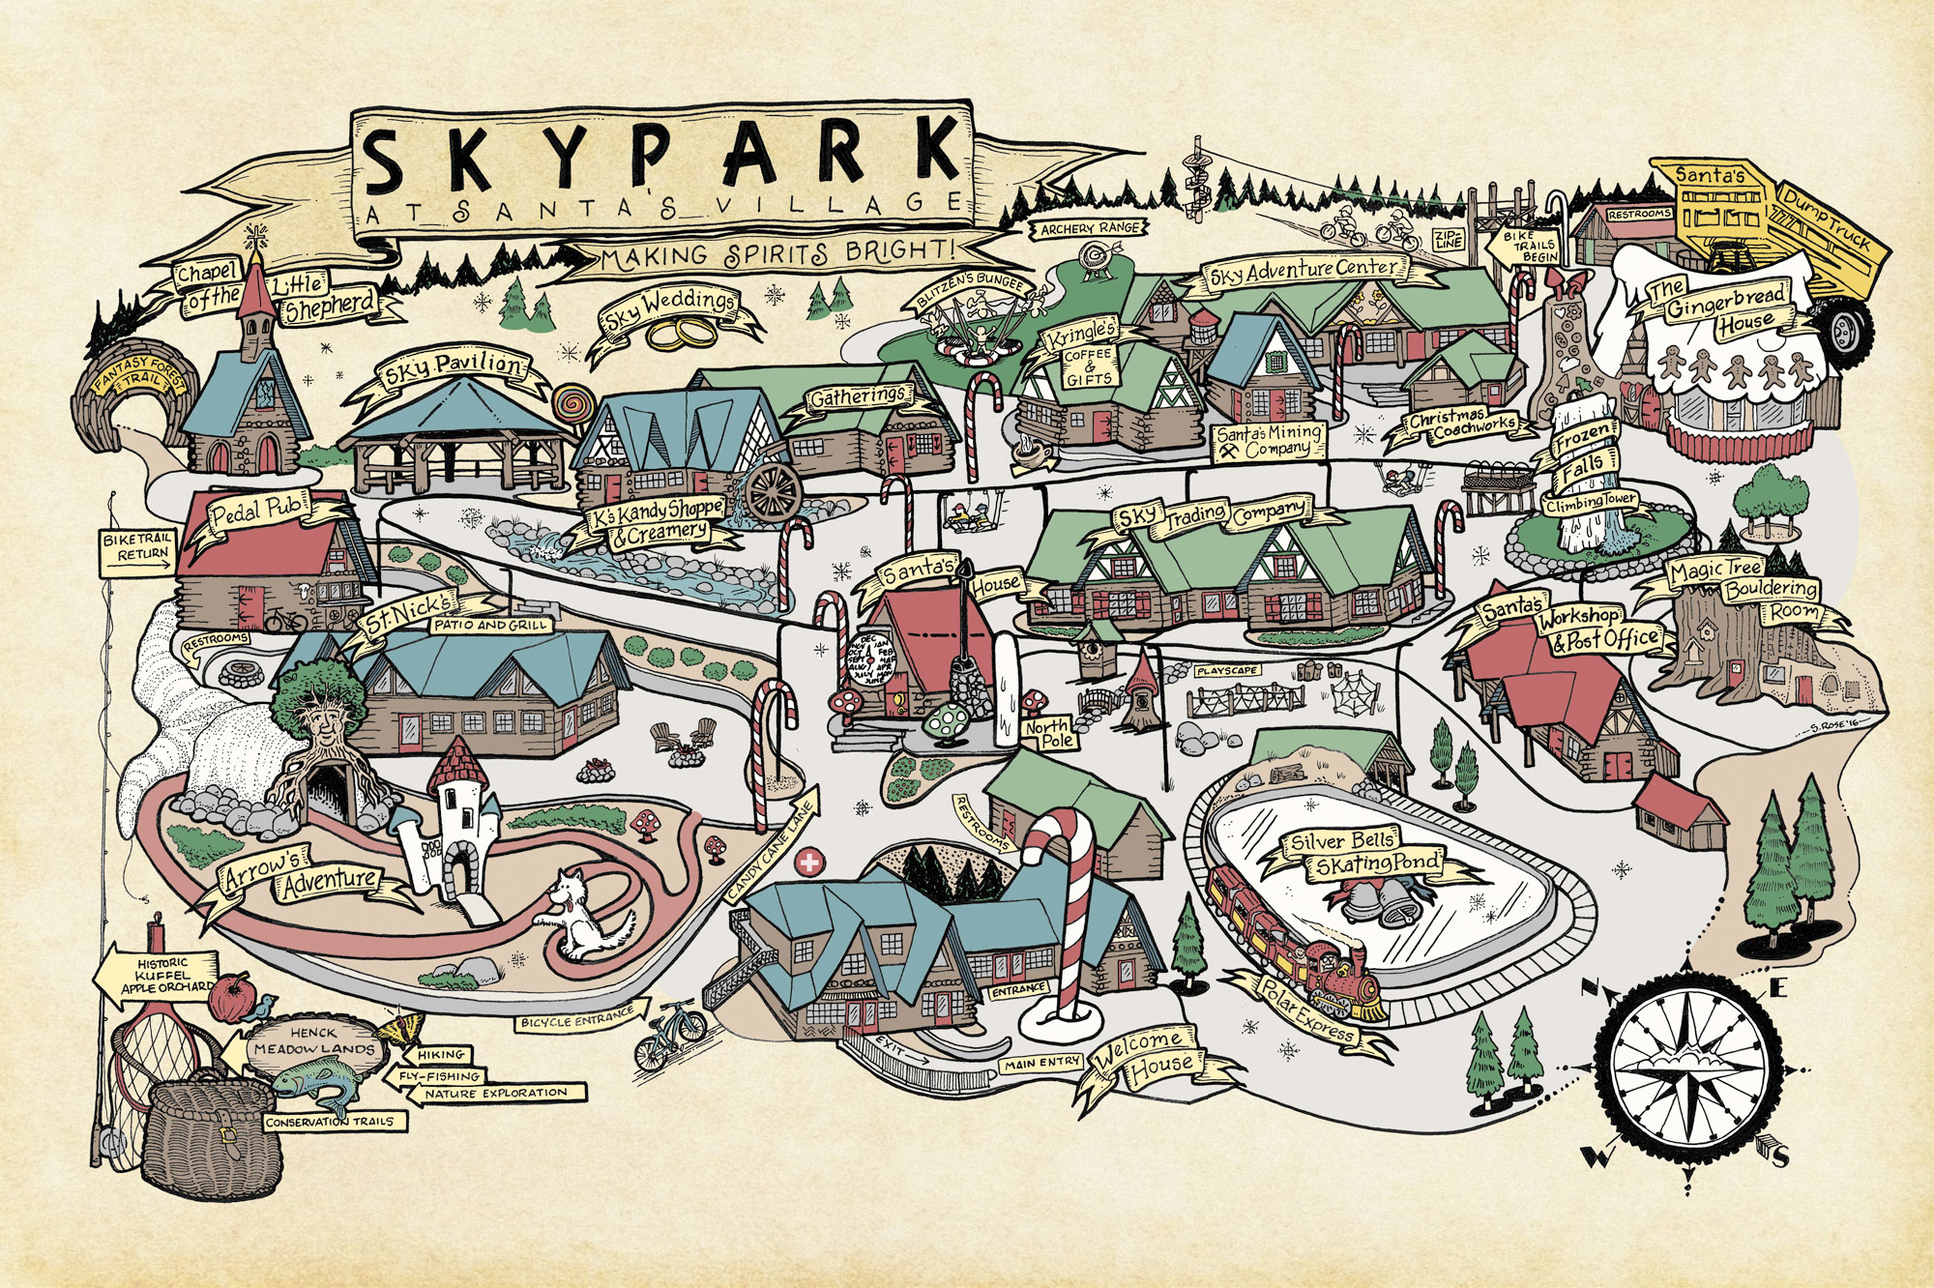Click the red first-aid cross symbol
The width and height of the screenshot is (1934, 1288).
point(806,861)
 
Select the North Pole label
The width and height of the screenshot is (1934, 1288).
point(1047,733)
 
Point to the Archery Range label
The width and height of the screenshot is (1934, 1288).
point(1091,229)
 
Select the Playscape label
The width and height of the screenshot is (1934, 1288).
point(1226,670)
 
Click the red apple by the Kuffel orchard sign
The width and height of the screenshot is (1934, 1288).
point(231,998)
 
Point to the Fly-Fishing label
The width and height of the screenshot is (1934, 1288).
point(440,1075)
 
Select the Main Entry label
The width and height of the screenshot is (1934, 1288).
point(1041,1063)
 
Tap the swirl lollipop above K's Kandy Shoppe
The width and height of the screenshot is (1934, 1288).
point(571,401)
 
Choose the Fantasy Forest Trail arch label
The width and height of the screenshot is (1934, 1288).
point(139,377)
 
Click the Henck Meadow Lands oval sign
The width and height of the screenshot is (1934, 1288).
point(312,1041)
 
